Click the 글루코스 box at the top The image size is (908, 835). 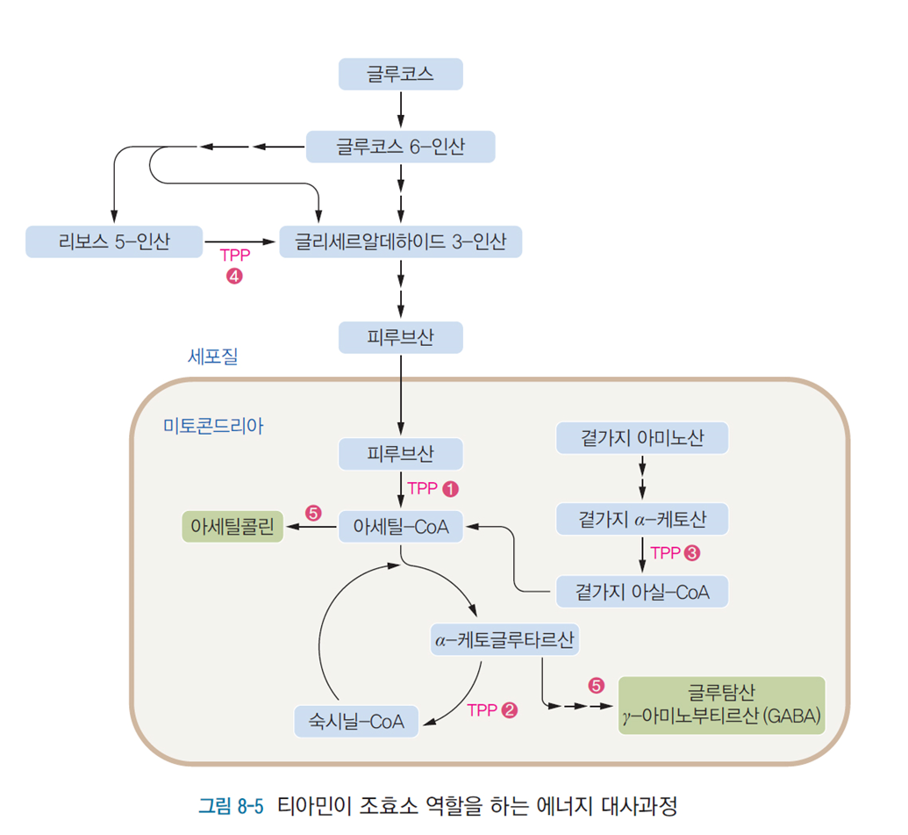pos(400,74)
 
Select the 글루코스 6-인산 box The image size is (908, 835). pos(400,147)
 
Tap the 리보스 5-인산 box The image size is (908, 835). pos(113,241)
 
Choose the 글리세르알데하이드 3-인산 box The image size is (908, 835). pos(400,241)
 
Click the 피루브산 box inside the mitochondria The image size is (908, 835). pos(400,454)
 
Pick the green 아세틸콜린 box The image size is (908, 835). pos(232,527)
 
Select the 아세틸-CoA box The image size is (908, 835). pos(400,527)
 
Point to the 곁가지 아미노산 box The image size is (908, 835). pos(642,437)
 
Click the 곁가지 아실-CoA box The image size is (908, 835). pos(642,592)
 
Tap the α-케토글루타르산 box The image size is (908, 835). pos(504,639)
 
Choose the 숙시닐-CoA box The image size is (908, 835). pos(355,722)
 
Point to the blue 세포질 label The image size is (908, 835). pos(212,356)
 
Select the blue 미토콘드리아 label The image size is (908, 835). pos(213,427)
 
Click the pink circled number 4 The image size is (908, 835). pos(233,276)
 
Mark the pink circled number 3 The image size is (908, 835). pos(692,553)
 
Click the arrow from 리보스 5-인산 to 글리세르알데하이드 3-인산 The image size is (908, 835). pos(239,241)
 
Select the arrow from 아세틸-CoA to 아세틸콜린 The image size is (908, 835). pos(311,527)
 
